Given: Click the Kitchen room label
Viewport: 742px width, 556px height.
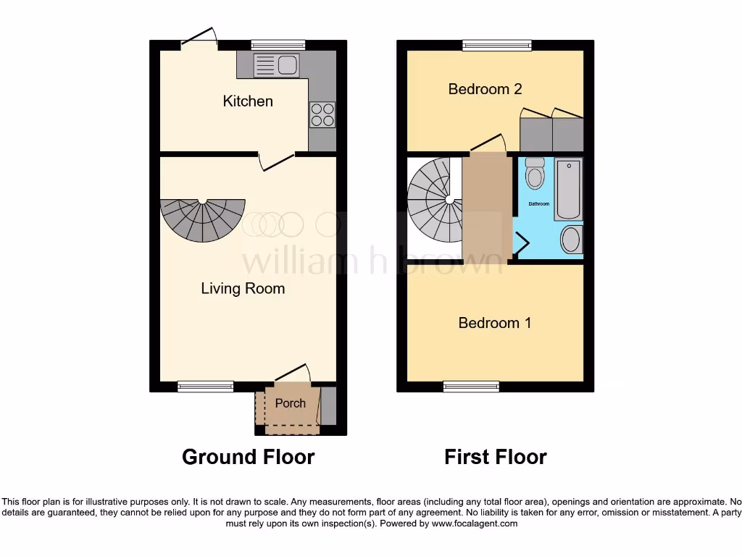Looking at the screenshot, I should click(248, 101).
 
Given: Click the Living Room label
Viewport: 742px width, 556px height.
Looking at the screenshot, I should click(243, 289).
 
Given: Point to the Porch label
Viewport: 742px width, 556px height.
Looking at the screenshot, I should click(290, 403).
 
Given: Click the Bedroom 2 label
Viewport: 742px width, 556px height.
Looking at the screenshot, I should click(485, 89).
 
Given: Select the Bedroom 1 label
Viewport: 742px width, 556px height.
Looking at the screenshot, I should click(495, 323).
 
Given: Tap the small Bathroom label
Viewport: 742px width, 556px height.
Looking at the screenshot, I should click(538, 204).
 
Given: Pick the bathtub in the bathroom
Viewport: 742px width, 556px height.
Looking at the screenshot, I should click(569, 190).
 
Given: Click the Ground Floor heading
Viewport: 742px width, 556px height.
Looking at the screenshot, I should click(248, 457).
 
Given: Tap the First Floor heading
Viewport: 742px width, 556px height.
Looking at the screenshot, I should click(496, 457).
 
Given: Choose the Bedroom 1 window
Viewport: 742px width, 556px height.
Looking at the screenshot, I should click(471, 387).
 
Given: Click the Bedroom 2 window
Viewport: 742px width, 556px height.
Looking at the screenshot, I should click(497, 45).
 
